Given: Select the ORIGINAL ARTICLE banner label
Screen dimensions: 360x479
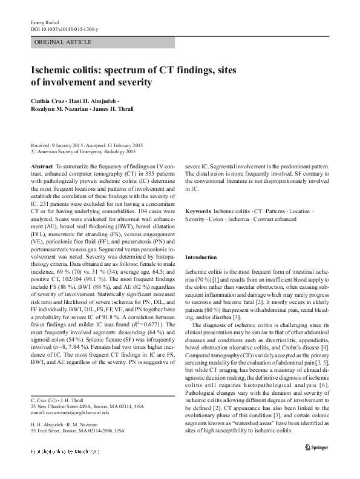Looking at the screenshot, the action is click(64, 42).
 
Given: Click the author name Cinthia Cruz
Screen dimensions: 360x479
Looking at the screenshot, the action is click(51, 101).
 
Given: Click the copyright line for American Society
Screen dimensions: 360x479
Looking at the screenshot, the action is click(85, 153).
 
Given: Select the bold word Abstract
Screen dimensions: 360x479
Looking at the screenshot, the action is click(41, 165).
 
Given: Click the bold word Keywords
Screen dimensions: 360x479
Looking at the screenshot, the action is click(198, 214).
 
